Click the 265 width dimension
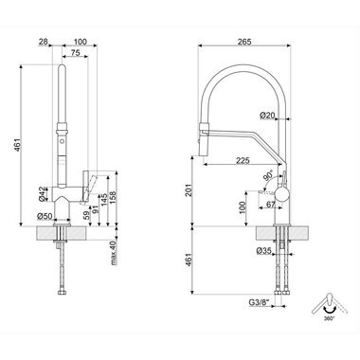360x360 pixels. pyautogui.click(x=244, y=42)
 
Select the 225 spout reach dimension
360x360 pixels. pyautogui.click(x=243, y=160)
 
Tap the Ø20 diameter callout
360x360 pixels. pyautogui.click(x=267, y=116)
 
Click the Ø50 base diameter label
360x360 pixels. pyautogui.click(x=45, y=216)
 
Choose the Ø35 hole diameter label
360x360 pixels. pyautogui.click(x=264, y=251)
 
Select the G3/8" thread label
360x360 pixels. pyautogui.click(x=259, y=302)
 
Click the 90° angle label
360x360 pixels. pyautogui.click(x=268, y=175)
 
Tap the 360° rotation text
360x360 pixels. pyautogui.click(x=329, y=318)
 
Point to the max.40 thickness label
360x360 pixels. pyautogui.click(x=114, y=253)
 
